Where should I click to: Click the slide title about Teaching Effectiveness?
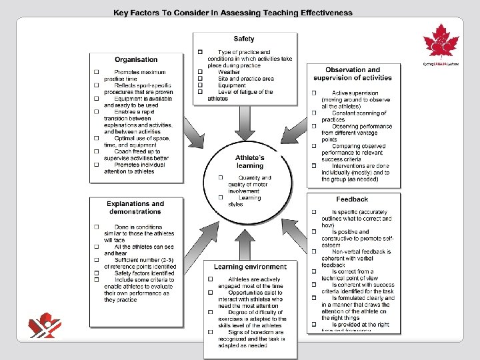tap(233, 12)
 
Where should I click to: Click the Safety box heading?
tap(243, 39)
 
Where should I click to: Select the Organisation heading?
tap(136, 60)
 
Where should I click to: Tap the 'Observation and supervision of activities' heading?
tap(353, 74)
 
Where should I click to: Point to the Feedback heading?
tap(352, 199)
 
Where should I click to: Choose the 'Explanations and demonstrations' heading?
tap(135, 207)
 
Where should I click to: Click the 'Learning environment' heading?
tap(250, 267)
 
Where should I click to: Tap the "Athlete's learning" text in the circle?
tap(249, 162)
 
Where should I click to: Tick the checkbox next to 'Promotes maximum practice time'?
tap(96, 72)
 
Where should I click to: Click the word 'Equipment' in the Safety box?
tap(231, 85)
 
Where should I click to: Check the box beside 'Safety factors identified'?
tap(96, 273)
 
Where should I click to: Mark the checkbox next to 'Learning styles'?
tap(221, 197)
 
